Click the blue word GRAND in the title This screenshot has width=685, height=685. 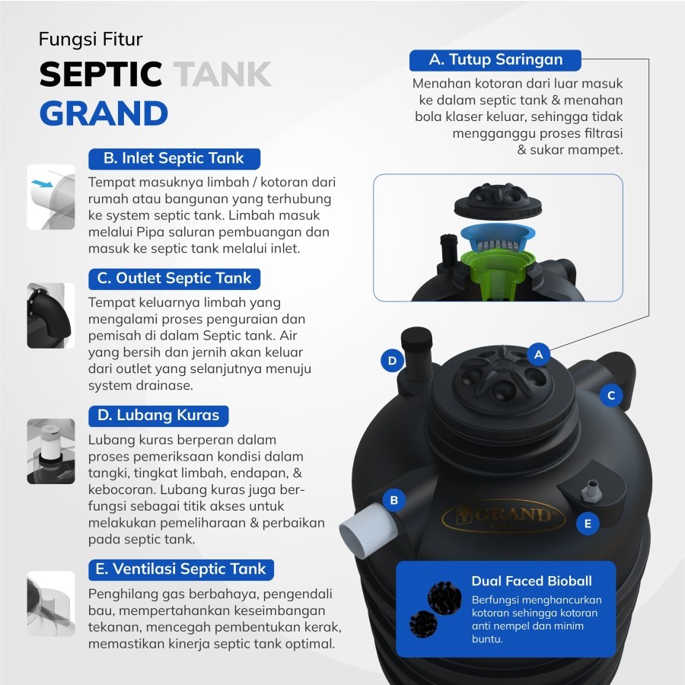click(104, 113)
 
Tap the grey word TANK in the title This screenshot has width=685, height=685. click(223, 74)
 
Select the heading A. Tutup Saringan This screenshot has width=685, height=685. click(495, 60)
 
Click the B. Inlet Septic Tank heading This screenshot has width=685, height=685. click(174, 158)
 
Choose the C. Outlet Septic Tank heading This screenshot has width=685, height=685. click(174, 279)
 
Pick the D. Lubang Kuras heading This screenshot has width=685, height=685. click(158, 416)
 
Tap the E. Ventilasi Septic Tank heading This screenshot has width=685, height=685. click(181, 569)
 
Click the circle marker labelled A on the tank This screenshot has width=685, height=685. click(538, 354)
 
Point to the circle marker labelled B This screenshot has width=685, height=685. click(393, 500)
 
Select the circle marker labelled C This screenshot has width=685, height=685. click(610, 395)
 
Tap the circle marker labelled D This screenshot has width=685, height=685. click(392, 361)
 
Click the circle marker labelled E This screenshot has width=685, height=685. click(588, 524)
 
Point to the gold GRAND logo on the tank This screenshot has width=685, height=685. click(503, 515)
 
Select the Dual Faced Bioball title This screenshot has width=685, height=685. click(532, 581)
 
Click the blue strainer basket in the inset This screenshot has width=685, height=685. click(498, 237)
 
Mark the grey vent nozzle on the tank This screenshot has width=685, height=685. click(591, 490)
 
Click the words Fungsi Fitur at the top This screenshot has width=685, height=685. click(91, 40)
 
